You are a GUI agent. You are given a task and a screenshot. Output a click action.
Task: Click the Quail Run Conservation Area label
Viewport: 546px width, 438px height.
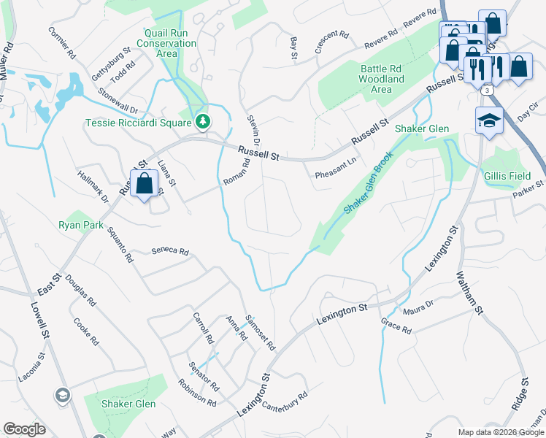coord(170,43)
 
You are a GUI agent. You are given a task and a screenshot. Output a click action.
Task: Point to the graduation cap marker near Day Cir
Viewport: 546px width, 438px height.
coord(488,120)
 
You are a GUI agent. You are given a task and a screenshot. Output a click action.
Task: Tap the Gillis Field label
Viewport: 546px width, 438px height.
coord(507,175)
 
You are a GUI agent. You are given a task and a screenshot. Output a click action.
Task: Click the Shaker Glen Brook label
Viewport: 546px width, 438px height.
coord(369,182)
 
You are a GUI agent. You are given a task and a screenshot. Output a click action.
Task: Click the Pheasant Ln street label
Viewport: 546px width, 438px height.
coord(335,171)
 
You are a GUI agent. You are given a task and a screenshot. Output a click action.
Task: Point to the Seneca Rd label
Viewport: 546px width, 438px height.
coord(170,251)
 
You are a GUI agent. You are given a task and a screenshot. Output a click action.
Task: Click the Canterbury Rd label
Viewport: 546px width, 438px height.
coord(285,400)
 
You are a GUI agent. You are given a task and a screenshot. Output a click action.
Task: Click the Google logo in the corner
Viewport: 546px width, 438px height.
coord(24,429)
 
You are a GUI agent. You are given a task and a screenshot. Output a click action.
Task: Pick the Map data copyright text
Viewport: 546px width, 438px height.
coord(501,432)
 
